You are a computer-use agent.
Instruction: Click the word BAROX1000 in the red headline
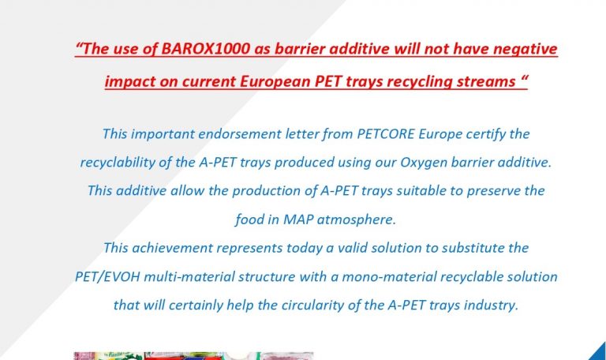(206, 49)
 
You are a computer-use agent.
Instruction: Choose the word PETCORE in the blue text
(385, 134)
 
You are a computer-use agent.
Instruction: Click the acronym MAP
(298, 219)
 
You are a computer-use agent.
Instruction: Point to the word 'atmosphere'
(356, 220)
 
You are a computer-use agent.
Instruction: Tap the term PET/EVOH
(107, 277)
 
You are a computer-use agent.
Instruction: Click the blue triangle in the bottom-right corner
(598, 353)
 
